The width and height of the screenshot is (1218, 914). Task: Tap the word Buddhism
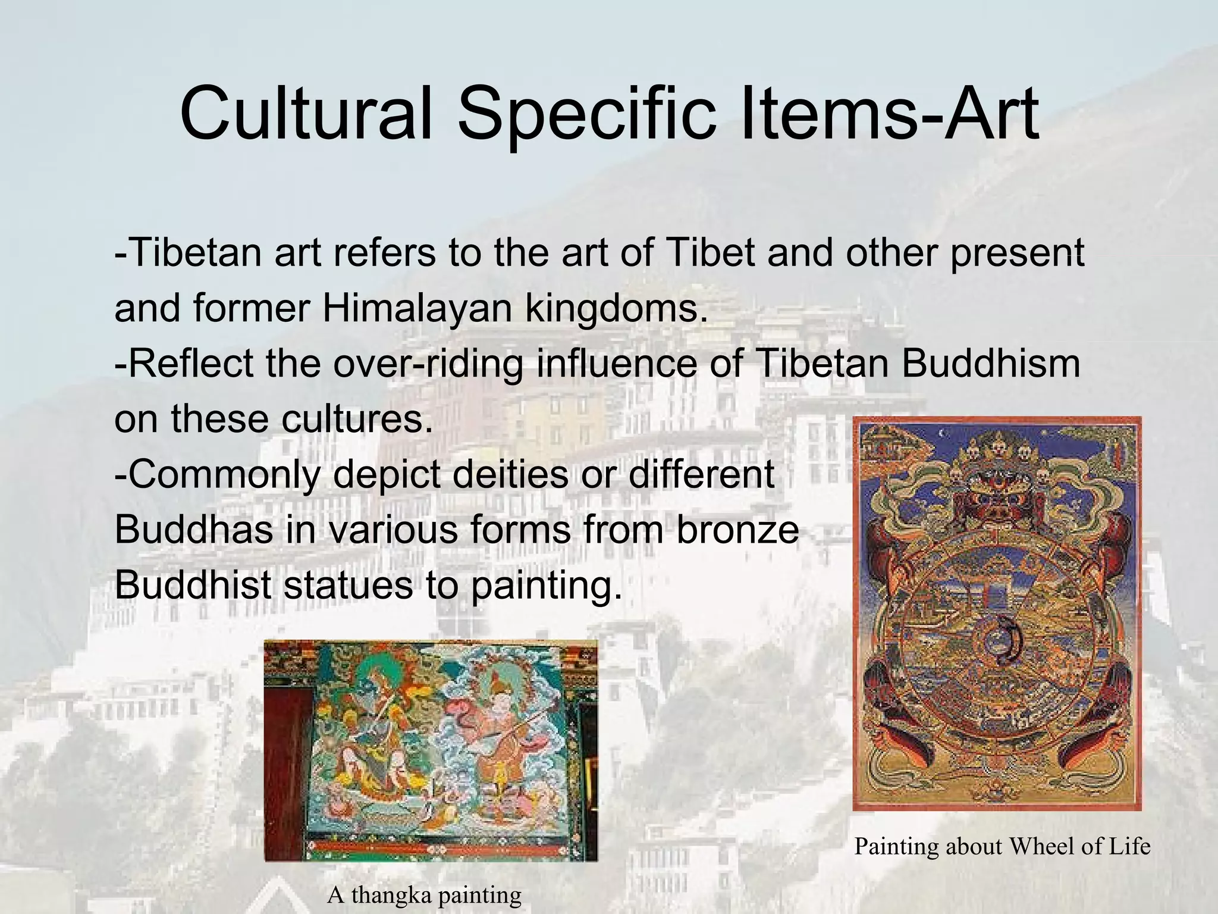click(x=990, y=363)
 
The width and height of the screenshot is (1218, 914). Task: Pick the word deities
click(x=509, y=474)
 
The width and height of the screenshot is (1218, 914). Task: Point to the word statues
click(x=347, y=584)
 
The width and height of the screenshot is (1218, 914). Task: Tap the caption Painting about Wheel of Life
click(x=1002, y=846)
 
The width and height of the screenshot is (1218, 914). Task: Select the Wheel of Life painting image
click(x=997, y=613)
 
